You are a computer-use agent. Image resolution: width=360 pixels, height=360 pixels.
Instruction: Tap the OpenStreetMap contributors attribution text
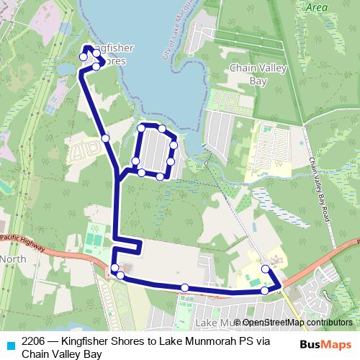click(296, 323)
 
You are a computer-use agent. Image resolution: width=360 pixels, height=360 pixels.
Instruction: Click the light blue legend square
click(9, 343)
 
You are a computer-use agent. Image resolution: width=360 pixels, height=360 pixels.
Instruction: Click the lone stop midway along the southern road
click(185, 288)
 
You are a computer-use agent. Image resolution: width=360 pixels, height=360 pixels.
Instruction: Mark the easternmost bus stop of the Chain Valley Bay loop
click(174, 143)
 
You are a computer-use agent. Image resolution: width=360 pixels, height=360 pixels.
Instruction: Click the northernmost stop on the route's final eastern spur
click(265, 269)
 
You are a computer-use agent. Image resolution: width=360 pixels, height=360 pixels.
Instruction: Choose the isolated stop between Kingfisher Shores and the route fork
click(105, 138)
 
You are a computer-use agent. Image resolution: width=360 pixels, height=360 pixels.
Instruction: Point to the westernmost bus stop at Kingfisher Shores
click(83, 57)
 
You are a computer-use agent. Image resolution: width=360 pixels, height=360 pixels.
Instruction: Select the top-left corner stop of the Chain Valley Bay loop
click(142, 128)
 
